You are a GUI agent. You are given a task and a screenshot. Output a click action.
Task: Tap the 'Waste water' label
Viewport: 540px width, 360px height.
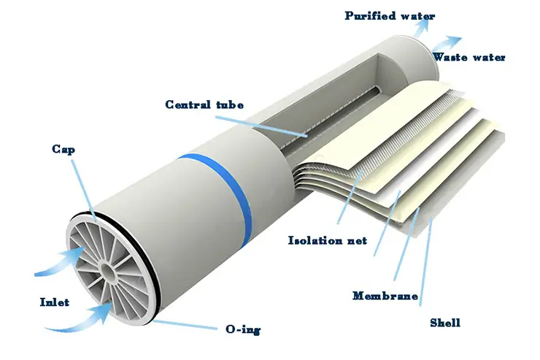point(469,58)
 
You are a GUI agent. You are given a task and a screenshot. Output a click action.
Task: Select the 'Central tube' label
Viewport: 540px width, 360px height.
point(204,105)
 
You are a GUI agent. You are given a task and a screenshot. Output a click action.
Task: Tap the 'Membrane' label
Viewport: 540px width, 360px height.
point(385,296)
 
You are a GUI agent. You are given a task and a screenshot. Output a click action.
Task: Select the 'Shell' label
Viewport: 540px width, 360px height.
point(444,322)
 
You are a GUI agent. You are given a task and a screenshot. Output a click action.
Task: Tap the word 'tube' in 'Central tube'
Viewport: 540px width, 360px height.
point(229,105)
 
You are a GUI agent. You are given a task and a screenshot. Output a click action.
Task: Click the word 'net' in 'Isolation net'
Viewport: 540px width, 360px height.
point(355,240)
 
